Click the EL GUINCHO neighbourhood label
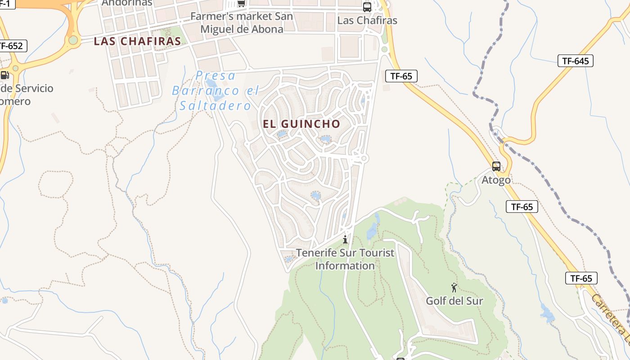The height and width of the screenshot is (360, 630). point(301,124)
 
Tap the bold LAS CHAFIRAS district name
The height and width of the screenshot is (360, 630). point(137,41)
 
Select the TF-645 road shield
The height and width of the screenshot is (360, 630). point(575,61)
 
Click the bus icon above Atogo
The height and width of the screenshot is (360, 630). point(496,166)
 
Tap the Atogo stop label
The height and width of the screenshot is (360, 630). point(496,180)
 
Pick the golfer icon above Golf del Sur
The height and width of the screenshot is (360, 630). point(454,288)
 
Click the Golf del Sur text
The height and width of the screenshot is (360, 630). point(454,301)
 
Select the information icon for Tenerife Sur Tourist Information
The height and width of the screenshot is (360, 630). point(345,239)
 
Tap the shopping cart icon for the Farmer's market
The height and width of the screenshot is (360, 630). point(242,4)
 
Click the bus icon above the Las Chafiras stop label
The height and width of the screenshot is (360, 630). point(367,7)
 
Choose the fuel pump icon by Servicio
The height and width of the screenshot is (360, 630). point(4,75)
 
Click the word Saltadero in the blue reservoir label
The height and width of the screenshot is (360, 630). point(215,106)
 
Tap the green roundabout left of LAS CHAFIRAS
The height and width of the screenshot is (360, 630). point(73,40)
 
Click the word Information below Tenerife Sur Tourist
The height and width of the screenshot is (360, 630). point(345,266)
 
